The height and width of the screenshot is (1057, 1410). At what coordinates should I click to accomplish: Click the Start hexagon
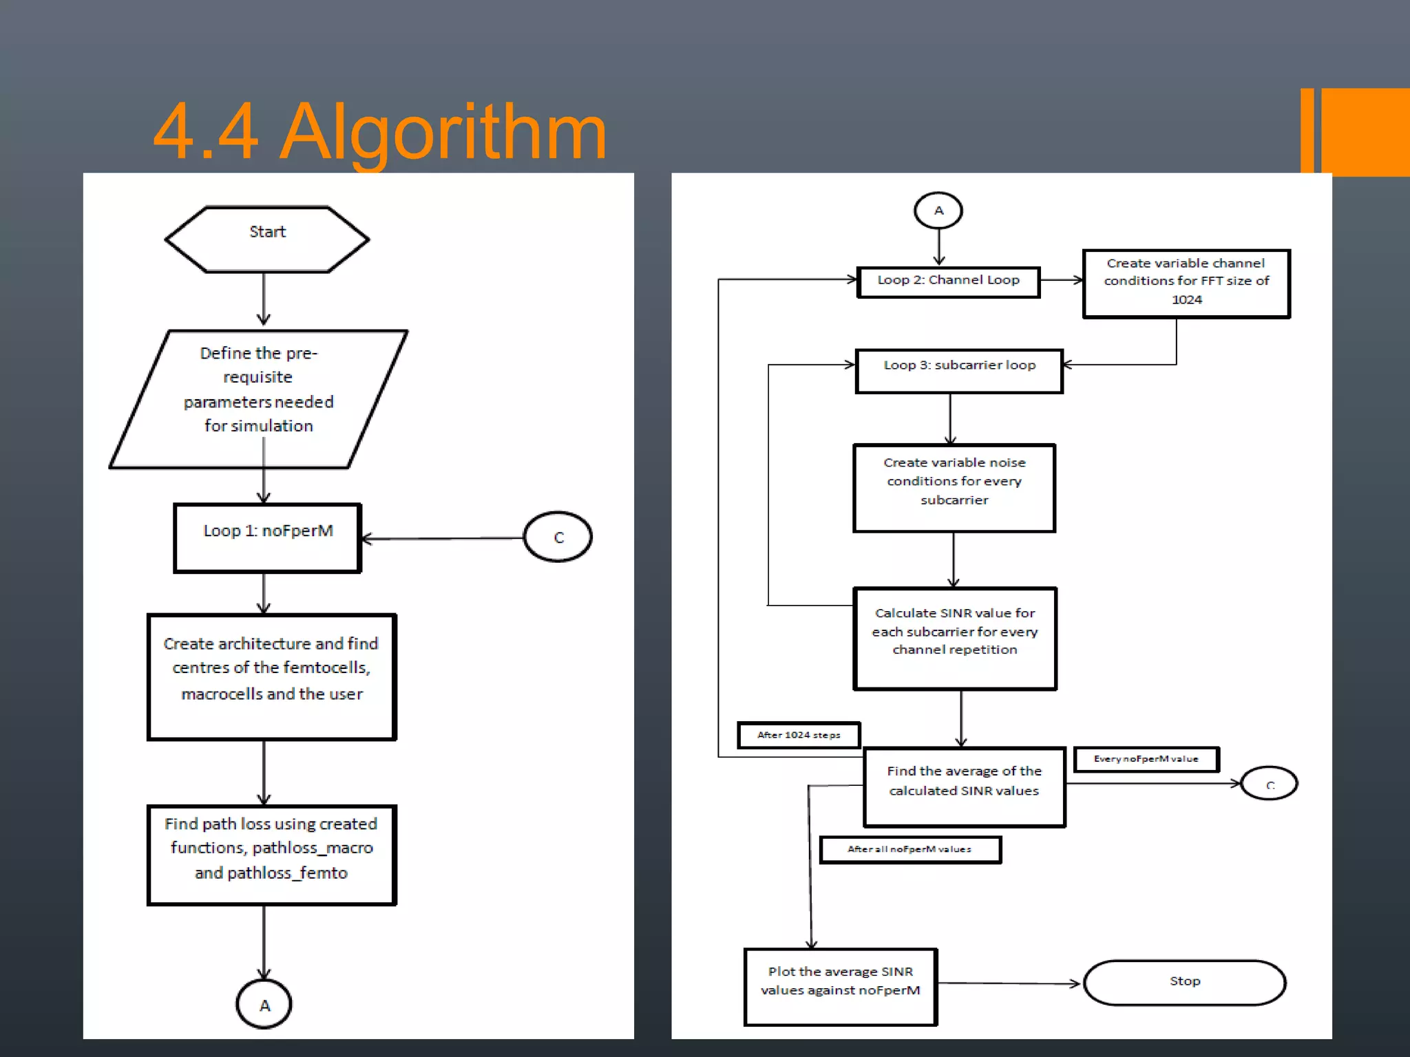coord(267,239)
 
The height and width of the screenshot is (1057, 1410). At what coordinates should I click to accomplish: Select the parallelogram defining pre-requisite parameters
coord(258,399)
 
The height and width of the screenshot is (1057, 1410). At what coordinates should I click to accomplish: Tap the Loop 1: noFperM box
coord(267,537)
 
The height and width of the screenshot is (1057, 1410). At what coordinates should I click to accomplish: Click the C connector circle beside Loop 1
coord(558,537)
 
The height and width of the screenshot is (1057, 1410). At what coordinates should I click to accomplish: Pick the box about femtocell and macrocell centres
coord(271,676)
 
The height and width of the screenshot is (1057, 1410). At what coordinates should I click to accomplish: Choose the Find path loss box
coord(271,855)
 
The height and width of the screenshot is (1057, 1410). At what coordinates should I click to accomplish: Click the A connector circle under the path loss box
coord(264,1005)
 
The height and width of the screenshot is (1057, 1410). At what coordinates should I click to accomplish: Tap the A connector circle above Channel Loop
coord(938,211)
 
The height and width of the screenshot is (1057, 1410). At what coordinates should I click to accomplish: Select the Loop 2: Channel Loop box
coord(948,281)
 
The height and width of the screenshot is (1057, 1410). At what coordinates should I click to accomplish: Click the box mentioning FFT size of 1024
coord(1186,283)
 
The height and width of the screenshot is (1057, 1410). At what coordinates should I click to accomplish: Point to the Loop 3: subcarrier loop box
coord(959,371)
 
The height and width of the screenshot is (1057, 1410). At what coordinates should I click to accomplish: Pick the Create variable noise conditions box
coord(954,488)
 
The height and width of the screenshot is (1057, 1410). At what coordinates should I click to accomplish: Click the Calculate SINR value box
coord(955,638)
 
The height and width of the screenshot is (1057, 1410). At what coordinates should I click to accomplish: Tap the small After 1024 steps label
coord(799,735)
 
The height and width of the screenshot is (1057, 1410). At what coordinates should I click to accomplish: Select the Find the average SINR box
coord(964,787)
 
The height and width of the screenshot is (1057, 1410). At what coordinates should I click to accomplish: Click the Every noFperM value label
coord(1146,759)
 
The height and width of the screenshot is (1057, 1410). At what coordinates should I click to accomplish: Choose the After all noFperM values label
coord(909,849)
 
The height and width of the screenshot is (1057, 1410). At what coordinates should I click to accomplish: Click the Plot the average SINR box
coord(840,986)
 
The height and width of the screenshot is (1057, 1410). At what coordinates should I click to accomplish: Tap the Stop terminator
coord(1184,982)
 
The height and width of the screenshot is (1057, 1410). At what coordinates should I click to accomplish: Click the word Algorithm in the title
coord(444,132)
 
